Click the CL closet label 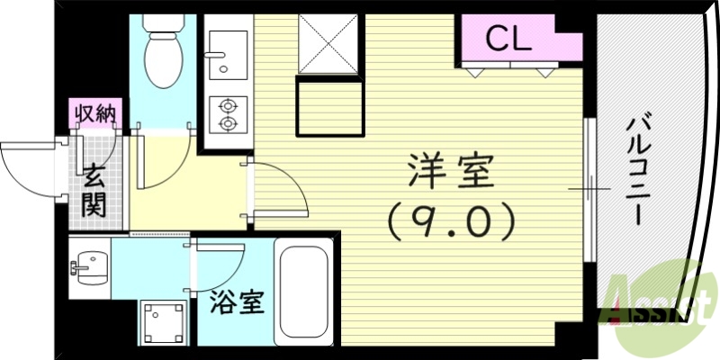[x=508, y=38]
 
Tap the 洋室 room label [x=453, y=171]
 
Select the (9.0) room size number [x=453, y=218]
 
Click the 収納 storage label [x=94, y=113]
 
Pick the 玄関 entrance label [x=93, y=190]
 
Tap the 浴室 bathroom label [x=238, y=302]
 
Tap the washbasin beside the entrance [x=88, y=266]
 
